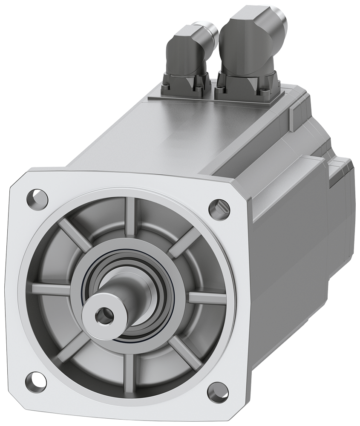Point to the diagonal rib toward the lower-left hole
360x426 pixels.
coord(70,347)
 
